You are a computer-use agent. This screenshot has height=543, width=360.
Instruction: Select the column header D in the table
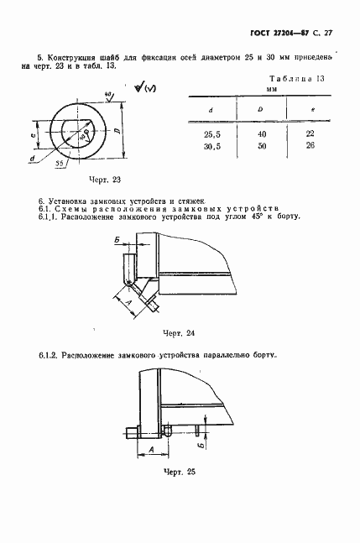262,109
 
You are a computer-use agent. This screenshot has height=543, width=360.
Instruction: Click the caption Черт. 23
105,179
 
